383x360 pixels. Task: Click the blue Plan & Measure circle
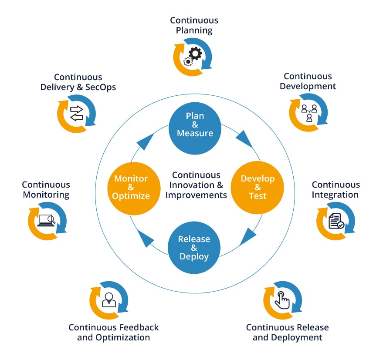click(195, 124)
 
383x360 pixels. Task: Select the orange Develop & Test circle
click(257, 188)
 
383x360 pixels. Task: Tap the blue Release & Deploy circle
click(194, 248)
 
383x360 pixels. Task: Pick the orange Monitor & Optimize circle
click(131, 188)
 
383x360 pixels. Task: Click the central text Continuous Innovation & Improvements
click(196, 185)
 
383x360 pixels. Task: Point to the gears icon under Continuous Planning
click(193, 57)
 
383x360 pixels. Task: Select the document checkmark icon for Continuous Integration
click(336, 221)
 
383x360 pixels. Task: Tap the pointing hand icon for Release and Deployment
click(282, 300)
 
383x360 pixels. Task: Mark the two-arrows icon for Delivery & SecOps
click(76, 113)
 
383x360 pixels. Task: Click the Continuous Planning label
click(194, 25)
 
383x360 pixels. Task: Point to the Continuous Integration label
click(335, 190)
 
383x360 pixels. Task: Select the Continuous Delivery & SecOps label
click(78, 82)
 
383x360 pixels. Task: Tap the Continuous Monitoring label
click(46, 190)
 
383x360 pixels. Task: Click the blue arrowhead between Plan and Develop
click(244, 140)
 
